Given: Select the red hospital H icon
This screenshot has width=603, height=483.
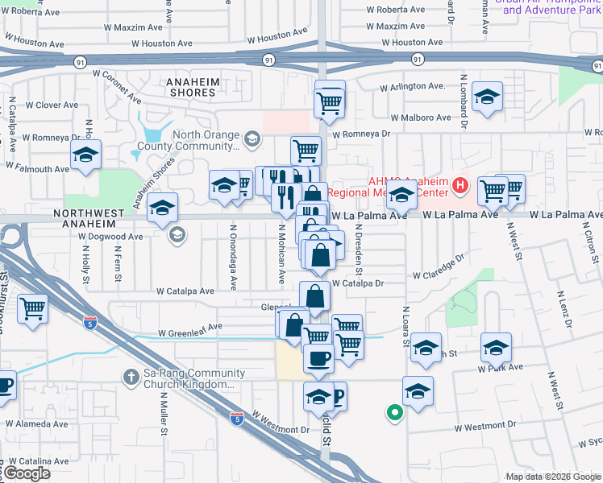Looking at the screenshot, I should tap(460, 187).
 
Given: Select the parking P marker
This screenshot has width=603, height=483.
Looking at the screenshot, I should tap(337, 395).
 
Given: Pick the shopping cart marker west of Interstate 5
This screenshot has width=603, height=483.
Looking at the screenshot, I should tap(32, 308).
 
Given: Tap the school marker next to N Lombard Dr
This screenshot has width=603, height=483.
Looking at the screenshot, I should tap(486, 98).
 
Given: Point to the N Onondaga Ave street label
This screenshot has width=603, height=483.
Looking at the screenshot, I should tap(233, 257).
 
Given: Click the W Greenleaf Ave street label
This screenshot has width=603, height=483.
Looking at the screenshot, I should tap(189, 329).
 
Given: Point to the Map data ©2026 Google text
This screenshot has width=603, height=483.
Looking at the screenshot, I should tap(552, 477).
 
